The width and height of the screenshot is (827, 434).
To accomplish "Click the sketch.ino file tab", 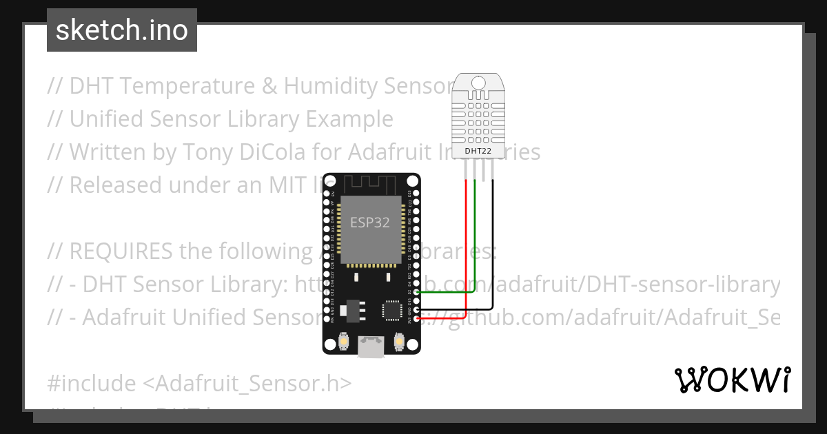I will (122, 30).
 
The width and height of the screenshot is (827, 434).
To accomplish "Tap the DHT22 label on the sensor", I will (478, 150).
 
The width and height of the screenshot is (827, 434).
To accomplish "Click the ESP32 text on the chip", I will (370, 223).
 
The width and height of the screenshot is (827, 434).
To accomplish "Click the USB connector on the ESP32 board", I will (371, 348).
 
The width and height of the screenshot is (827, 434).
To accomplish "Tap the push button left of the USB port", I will (344, 341).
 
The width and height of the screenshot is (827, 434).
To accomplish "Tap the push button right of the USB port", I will (398, 341).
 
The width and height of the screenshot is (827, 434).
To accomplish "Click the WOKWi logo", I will (733, 380).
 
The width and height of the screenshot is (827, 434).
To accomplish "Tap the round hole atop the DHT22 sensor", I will (478, 85).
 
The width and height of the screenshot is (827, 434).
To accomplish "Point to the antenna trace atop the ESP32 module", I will (370, 184).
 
